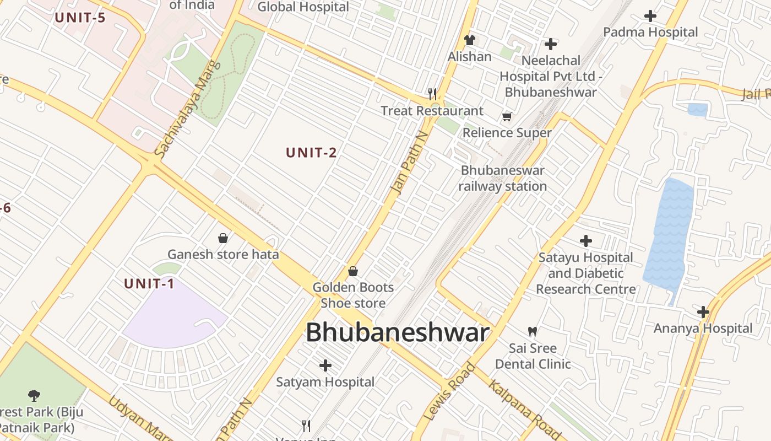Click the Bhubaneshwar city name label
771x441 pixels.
click(x=397, y=333)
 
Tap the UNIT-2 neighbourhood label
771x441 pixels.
click(x=311, y=153)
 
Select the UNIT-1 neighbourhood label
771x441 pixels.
click(x=149, y=284)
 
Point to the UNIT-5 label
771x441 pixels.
click(x=80, y=17)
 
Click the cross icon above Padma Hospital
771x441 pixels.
click(x=650, y=16)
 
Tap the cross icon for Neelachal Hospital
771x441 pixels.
click(x=550, y=44)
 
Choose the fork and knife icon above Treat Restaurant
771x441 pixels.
click(x=432, y=94)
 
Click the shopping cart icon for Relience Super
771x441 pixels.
click(x=507, y=116)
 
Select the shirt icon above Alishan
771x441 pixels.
click(x=469, y=40)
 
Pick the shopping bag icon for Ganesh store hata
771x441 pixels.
click(x=223, y=238)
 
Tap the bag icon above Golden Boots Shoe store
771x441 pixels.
click(x=353, y=271)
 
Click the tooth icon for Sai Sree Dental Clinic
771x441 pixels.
click(x=532, y=332)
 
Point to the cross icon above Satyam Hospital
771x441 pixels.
click(x=325, y=365)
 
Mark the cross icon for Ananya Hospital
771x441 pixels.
click(x=703, y=312)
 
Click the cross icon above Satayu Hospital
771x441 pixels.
click(x=586, y=241)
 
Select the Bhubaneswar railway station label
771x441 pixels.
click(x=502, y=178)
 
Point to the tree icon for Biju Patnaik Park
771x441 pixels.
click(x=34, y=395)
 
